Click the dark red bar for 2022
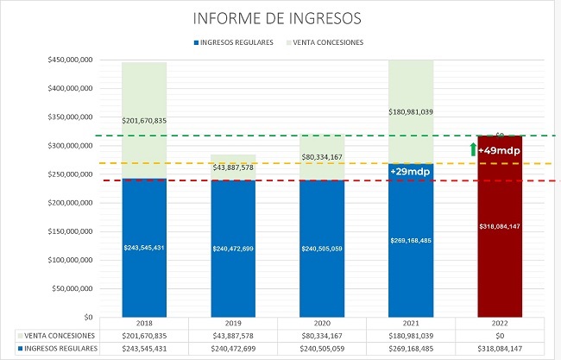(501, 259)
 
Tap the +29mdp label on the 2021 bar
(411, 172)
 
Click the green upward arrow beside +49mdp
(473, 149)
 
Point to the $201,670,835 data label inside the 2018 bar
(144, 120)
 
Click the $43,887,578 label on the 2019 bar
(233, 167)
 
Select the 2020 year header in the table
(322, 321)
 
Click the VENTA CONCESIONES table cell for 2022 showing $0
(501, 334)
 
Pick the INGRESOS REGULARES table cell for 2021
(411, 348)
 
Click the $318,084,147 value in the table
(501, 348)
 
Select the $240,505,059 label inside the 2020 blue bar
(322, 248)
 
